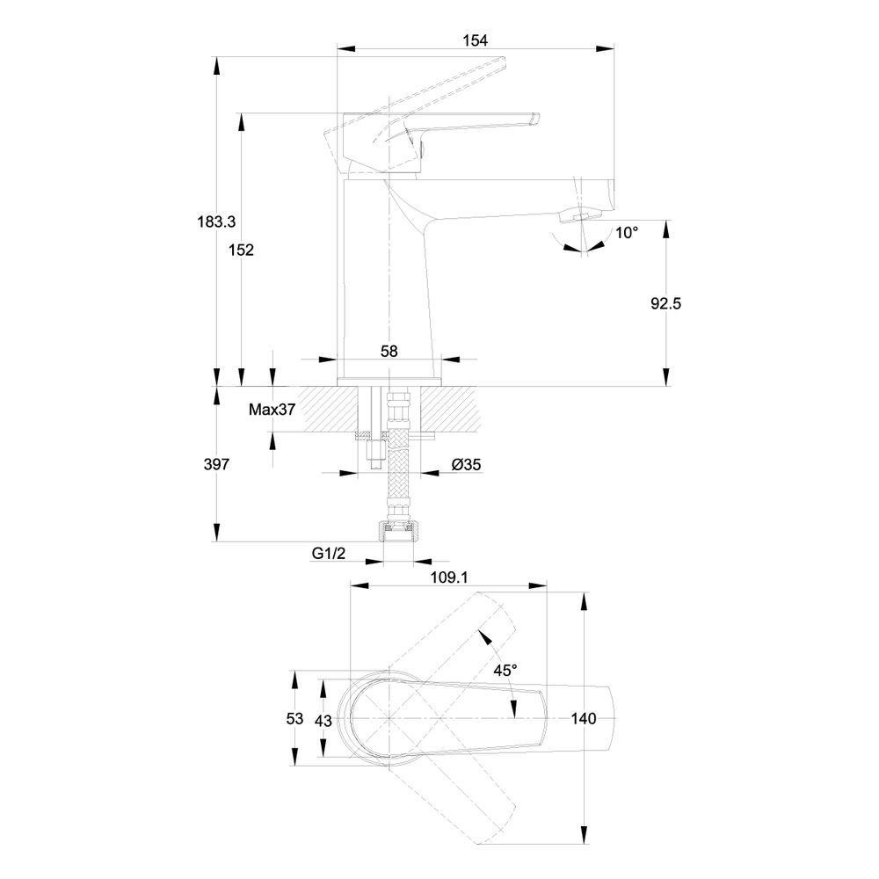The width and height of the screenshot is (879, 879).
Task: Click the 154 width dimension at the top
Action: pos(475,40)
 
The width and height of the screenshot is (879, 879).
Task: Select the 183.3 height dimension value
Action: pos(216,222)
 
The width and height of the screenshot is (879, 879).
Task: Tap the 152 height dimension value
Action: pos(241,250)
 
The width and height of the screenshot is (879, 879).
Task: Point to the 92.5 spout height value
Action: pos(666,304)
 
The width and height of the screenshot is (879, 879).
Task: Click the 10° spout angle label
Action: pos(627,233)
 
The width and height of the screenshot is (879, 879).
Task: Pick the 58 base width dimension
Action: pos(389,352)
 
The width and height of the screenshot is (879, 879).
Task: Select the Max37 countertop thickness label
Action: pos(272,410)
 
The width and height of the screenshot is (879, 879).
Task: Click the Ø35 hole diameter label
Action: pos(467,465)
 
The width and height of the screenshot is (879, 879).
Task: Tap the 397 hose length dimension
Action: pos(216,464)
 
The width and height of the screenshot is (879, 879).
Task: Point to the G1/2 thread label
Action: pos(329,554)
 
